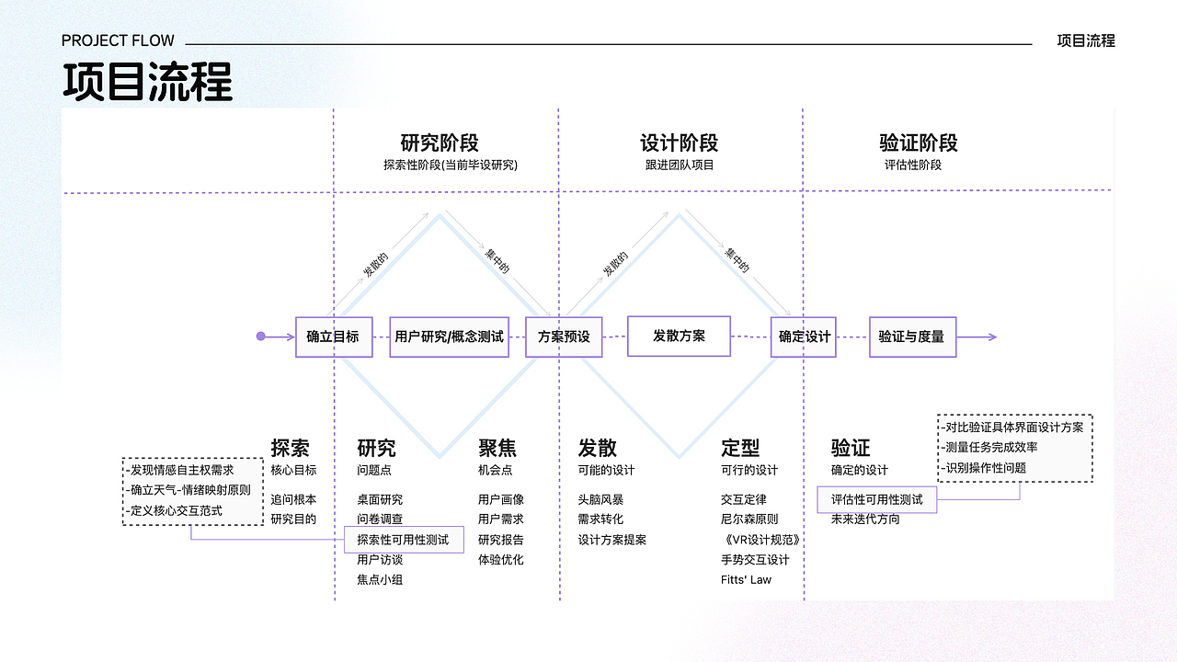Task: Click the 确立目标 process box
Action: coord(334,337)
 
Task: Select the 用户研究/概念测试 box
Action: coord(449,337)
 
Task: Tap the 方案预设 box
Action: coord(564,337)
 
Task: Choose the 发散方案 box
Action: coord(679,336)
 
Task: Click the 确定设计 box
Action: coord(805,337)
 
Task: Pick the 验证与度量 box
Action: coord(912,337)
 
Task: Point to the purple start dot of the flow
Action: coord(261,337)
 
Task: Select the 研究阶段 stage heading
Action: coord(440,143)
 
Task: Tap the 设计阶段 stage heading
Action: coord(679,143)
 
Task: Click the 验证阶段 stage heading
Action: coord(919,143)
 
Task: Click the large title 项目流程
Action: coord(147,82)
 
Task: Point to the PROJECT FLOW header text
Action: coord(118,40)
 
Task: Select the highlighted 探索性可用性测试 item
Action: coord(404,540)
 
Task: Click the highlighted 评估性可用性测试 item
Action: coord(877,499)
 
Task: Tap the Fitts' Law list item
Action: coord(746,580)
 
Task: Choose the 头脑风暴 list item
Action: coord(600,499)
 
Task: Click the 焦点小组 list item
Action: coord(380,580)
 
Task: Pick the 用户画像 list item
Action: coord(501,499)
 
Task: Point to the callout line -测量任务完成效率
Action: coord(989,447)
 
